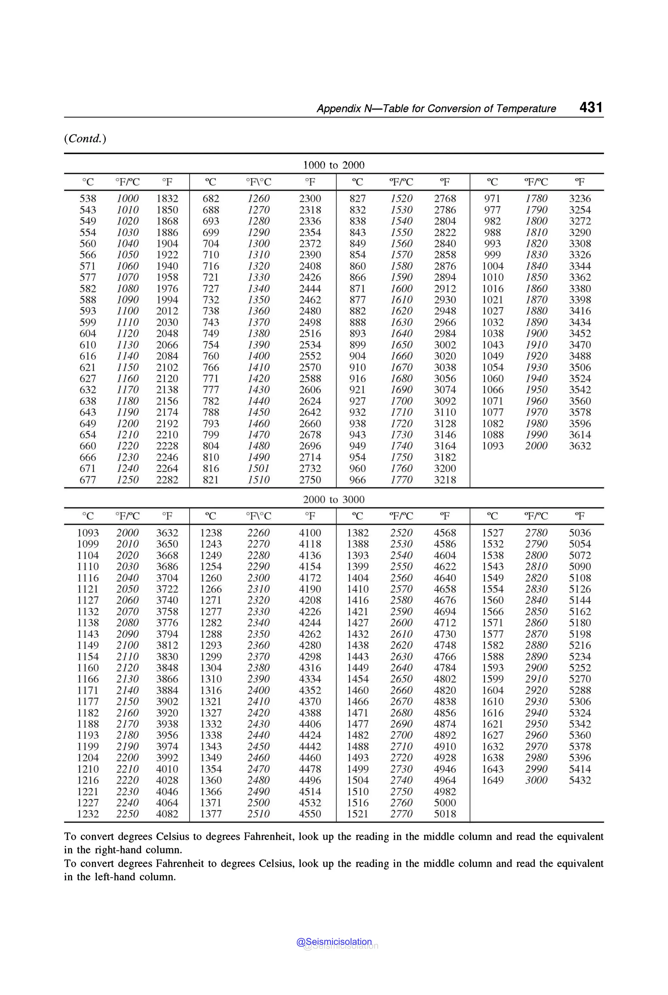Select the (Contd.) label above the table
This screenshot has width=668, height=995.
pyautogui.click(x=85, y=139)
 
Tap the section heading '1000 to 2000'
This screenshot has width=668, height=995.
pyautogui.click(x=334, y=165)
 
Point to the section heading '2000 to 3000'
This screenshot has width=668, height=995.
pyautogui.click(x=334, y=499)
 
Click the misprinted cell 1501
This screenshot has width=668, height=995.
pyautogui.click(x=259, y=468)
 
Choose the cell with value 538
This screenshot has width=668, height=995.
pyautogui.click(x=88, y=199)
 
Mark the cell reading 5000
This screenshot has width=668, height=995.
pyautogui.click(x=445, y=803)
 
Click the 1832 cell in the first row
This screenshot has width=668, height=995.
pyautogui.click(x=167, y=199)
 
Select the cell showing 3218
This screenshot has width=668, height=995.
pyautogui.click(x=445, y=480)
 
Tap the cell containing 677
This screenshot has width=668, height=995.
pyautogui.click(x=88, y=480)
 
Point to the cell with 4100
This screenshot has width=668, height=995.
pyautogui.click(x=310, y=533)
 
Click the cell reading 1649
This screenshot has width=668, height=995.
pyautogui.click(x=493, y=780)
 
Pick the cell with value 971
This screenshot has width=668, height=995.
pyautogui.click(x=493, y=199)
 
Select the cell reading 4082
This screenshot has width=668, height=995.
pyautogui.click(x=167, y=814)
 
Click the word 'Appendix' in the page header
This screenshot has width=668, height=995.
pyautogui.click(x=339, y=109)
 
